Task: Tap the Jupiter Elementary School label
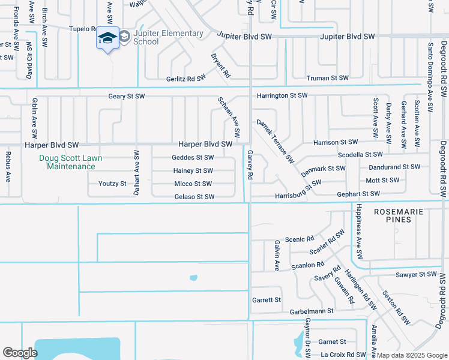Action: point(160,37)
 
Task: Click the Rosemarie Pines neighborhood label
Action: point(399,216)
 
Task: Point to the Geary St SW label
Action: point(127,96)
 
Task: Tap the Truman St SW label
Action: point(327,78)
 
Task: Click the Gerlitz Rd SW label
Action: point(186,79)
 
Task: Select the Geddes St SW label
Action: point(193,158)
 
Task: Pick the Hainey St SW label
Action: point(193,171)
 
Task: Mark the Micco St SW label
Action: point(193,184)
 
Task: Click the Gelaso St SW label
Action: point(194,197)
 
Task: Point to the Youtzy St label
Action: point(113,184)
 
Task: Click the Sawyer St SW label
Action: point(417,274)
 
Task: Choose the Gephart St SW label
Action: point(358,194)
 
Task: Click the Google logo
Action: point(20,353)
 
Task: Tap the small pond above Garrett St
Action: point(193,278)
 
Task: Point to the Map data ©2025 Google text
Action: point(411,355)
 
